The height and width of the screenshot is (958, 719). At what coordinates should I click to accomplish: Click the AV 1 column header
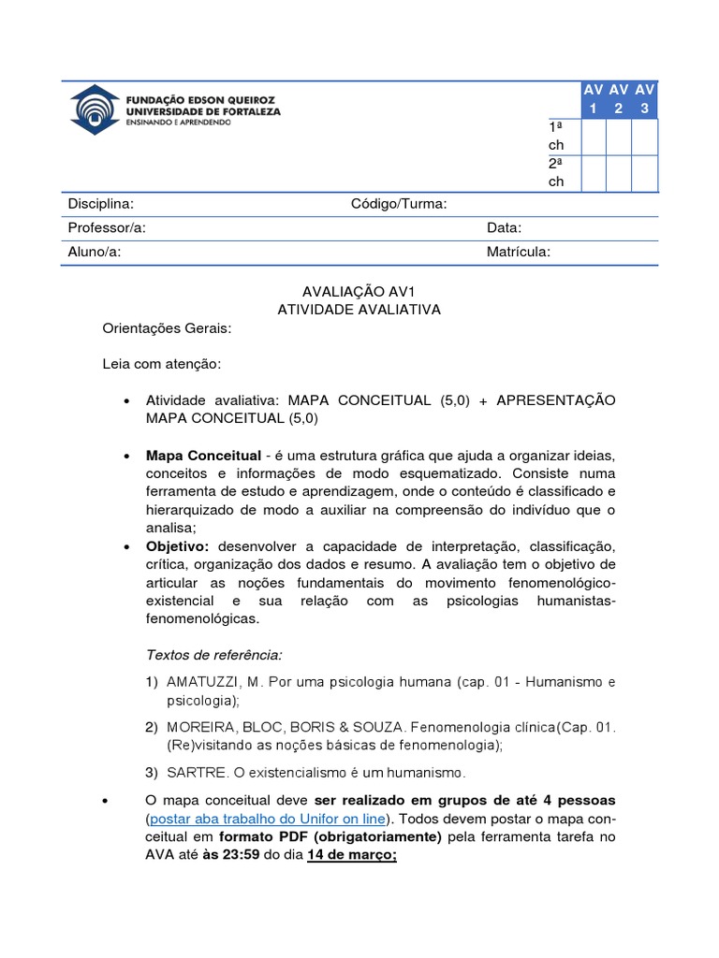point(593,100)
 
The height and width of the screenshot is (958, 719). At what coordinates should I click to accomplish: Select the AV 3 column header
point(644,100)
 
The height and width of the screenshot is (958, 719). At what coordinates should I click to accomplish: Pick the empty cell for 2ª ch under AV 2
point(618,173)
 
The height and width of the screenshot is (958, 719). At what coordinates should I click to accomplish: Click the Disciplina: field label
point(100,204)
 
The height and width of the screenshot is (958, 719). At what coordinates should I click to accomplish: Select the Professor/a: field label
point(107,227)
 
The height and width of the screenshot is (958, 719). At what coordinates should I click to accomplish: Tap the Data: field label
point(504,227)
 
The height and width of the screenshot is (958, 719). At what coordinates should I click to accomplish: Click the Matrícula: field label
point(519,251)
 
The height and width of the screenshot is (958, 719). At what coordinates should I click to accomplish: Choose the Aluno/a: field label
point(95,251)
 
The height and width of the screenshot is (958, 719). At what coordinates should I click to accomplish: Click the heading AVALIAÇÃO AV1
point(359,292)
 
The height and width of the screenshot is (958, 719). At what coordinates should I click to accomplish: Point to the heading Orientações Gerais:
point(166,328)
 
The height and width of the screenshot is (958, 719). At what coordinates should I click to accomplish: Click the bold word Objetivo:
point(178,545)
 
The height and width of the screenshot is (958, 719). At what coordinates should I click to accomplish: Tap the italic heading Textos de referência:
point(213,653)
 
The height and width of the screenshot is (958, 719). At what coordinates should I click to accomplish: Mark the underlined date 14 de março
point(351,855)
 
